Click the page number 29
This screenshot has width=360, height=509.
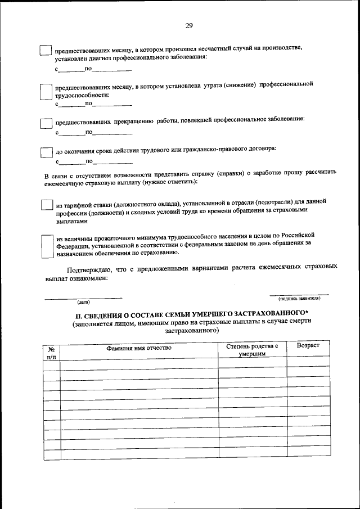188,25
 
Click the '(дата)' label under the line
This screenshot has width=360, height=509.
84,302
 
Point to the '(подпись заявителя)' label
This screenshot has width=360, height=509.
299,299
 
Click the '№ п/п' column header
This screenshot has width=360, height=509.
51,352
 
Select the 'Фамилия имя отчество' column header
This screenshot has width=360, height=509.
139,348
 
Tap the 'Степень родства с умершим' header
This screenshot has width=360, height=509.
252,350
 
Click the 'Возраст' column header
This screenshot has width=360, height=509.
308,345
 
